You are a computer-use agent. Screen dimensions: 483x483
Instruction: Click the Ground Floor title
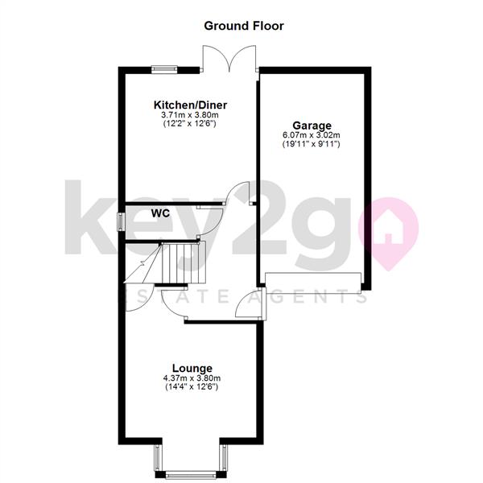point(244,26)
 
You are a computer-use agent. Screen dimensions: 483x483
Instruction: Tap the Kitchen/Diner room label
point(190,105)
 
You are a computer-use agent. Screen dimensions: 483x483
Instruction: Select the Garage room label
point(312,126)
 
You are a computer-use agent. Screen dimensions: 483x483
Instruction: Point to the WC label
point(160,213)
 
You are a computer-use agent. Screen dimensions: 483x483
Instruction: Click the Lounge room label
point(192,368)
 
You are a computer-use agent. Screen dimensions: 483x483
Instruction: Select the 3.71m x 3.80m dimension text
point(190,115)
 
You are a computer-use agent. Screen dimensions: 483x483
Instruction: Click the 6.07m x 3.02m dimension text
point(312,135)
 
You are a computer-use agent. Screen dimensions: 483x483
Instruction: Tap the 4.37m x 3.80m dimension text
point(192,378)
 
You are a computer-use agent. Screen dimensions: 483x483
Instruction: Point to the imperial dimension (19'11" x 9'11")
point(312,144)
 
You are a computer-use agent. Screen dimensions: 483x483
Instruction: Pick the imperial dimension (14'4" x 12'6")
point(192,387)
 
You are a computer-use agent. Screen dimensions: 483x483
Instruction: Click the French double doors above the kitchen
point(229,59)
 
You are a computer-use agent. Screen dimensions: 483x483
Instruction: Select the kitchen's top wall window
point(164,69)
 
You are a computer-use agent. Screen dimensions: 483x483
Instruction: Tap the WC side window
point(121,222)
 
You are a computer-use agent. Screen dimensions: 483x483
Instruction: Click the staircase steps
point(183,262)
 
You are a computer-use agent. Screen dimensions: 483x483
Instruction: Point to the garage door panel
point(313,283)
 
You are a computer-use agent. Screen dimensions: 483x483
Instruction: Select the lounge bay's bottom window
point(190,475)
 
